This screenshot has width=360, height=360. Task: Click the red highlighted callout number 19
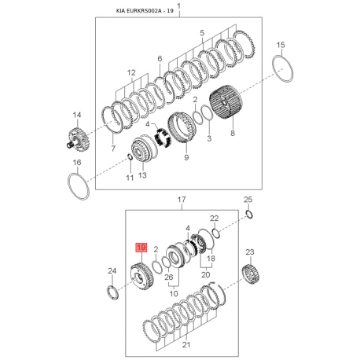(141, 248)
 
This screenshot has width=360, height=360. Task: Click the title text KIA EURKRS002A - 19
(145, 11)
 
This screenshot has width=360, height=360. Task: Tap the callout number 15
(281, 45)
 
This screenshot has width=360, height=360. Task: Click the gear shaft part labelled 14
(78, 139)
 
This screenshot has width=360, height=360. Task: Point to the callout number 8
(233, 133)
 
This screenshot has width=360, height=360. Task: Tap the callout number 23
(250, 252)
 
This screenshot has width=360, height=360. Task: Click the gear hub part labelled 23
(251, 275)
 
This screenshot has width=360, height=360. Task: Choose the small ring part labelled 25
(249, 215)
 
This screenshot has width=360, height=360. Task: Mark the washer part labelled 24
(113, 293)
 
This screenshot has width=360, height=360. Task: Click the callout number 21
(186, 345)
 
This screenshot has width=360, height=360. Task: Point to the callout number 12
(131, 72)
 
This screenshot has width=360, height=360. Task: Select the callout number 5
(202, 33)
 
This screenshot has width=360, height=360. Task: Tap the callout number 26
(169, 277)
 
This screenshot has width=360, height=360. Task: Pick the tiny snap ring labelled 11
(129, 156)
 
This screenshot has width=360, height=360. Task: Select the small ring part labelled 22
(216, 233)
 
